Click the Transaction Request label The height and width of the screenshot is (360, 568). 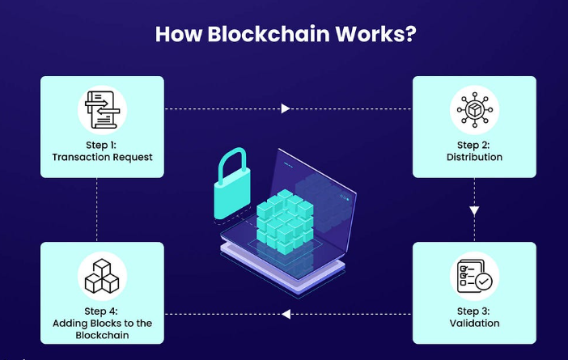pos(102,157)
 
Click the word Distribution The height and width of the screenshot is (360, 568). pos(474,157)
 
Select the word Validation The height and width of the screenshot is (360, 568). pos(474,324)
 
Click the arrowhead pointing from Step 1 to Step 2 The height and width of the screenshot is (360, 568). pos(286,108)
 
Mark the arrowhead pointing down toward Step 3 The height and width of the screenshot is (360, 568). pos(475,210)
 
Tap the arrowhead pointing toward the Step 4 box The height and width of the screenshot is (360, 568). pos(286,314)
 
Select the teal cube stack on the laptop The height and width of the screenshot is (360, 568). pos(284,216)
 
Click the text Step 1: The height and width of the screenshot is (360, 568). pos(102,145)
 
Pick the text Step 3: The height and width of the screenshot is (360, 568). pos(474,311)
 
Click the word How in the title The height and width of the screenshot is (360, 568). pos(175,36)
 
